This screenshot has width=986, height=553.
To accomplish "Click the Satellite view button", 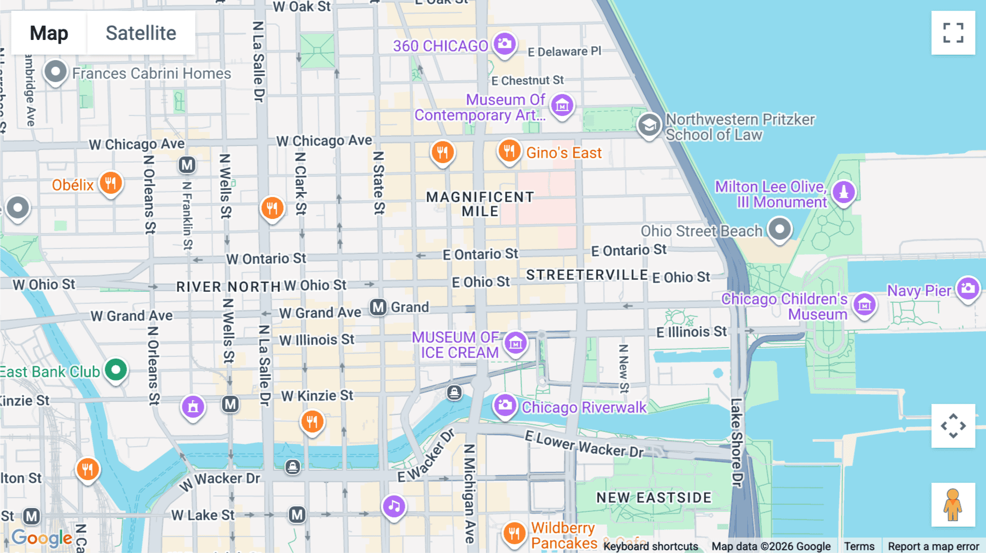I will coord(141,33).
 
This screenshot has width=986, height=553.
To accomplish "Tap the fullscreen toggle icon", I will coord(953,33).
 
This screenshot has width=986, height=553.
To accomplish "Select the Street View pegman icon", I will coord(953,504).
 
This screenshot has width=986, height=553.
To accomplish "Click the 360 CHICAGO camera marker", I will coord(505,44).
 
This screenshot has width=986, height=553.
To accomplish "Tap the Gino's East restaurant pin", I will coord(509,150).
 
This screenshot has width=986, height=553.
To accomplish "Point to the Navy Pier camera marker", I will coord(968,288).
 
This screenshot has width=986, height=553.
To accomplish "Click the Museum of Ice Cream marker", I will coord(515,343).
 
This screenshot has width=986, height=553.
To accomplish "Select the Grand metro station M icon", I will coord(378,307).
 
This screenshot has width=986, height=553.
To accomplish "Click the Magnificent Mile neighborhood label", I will coord(480,204).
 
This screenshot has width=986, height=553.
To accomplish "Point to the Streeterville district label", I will coord(587,275).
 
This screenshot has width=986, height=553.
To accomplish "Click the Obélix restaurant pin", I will coord(111,183).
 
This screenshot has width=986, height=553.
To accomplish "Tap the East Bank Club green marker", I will coord(116,370).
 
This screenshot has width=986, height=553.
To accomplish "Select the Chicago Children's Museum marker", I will coord(864,305).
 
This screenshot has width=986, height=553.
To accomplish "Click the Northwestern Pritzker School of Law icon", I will coord(649,125).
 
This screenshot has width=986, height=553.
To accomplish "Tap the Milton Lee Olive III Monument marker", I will coord(844,192).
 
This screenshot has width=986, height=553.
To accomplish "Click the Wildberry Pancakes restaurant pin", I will coord(514,532).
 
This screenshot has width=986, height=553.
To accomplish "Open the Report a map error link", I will coord(933,546).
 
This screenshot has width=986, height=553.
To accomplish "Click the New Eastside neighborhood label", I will coord(653,498).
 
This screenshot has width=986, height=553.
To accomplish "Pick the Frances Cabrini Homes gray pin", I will coord(55,72).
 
